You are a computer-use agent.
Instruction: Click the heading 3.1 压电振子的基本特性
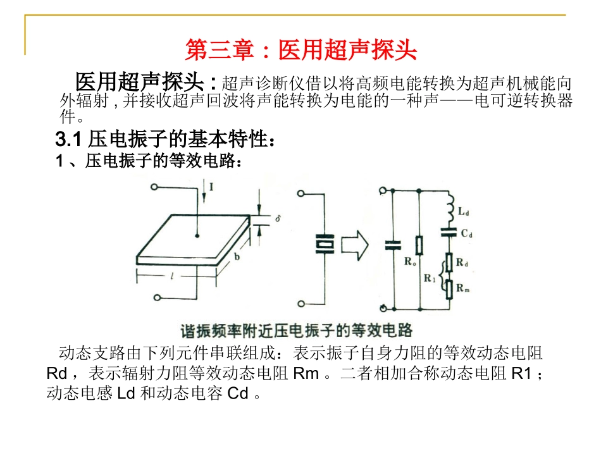coord(166,138)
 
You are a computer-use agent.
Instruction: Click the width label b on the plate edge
coord(236,257)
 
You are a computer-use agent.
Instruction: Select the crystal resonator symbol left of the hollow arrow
coord(324,244)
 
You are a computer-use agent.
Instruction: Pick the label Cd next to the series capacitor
coord(467,233)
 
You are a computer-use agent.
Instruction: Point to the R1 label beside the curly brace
coord(430,276)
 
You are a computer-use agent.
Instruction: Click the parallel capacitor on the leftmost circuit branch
coord(392,244)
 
